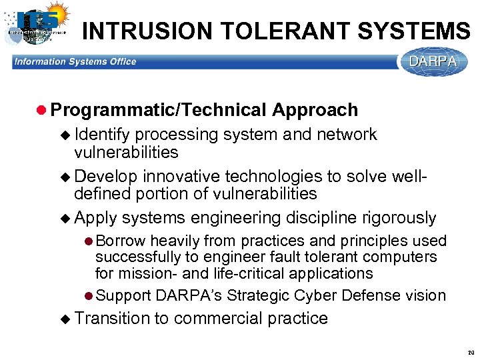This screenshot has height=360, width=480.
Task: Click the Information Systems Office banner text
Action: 75,62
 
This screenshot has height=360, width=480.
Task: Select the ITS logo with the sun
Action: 37,25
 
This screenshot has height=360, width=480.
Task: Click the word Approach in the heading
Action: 315,110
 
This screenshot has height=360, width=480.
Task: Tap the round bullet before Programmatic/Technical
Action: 41,111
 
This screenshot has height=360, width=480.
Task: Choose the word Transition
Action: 113,319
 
